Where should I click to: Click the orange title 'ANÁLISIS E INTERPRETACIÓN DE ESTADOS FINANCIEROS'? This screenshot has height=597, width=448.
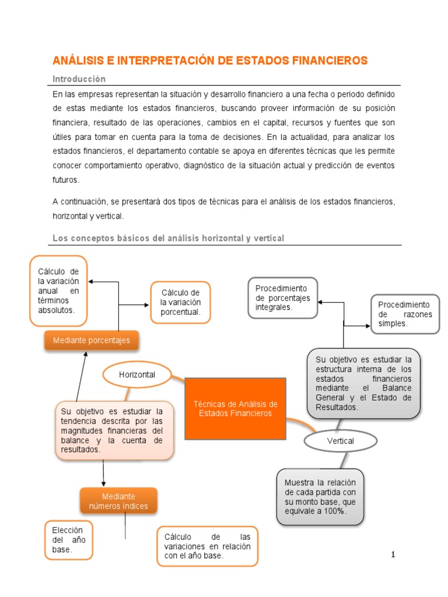click(210, 61)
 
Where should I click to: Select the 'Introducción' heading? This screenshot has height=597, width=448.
click(79, 79)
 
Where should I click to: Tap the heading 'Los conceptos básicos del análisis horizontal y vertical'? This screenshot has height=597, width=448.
click(168, 238)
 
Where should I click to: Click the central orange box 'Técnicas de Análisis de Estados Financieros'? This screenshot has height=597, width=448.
click(235, 408)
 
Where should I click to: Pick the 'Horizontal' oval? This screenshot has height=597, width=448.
click(137, 375)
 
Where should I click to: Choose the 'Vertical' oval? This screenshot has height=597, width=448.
click(340, 441)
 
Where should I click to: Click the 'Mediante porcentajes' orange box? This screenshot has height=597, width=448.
click(91, 340)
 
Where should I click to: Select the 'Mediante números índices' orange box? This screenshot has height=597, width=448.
click(118, 501)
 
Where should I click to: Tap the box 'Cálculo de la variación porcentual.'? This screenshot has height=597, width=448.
click(180, 303)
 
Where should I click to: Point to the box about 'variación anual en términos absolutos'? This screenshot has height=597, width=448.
click(58, 290)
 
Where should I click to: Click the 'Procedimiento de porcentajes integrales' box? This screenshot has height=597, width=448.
click(283, 298)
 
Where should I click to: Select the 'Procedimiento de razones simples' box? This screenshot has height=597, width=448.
click(405, 314)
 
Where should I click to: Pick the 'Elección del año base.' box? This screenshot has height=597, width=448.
click(69, 540)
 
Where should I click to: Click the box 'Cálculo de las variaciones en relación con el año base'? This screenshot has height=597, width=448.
click(207, 546)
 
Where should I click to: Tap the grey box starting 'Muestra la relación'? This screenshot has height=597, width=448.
click(320, 497)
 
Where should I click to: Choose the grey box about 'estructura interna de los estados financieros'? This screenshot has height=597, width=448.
click(363, 383)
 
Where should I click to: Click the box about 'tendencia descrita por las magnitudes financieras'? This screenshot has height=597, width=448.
click(114, 430)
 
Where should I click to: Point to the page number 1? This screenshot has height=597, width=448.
click(393, 554)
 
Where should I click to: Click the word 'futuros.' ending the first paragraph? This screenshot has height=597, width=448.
click(65, 180)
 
